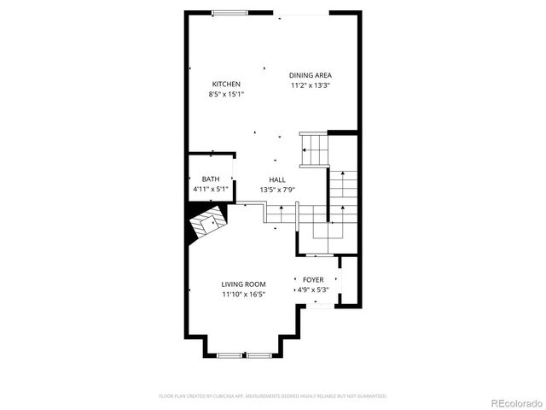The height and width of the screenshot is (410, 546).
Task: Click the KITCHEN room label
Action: (x=226, y=84)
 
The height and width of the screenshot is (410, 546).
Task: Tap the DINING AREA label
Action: (x=310, y=75)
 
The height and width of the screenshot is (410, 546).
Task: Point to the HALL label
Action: (x=277, y=179)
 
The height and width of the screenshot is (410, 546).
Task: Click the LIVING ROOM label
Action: (x=244, y=284)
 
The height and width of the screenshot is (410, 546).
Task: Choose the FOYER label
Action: (x=313, y=279)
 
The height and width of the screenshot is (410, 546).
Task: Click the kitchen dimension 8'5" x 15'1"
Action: (x=226, y=94)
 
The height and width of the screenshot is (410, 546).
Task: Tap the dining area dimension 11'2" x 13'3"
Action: (x=310, y=85)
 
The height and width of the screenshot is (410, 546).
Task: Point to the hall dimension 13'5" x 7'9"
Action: (x=277, y=190)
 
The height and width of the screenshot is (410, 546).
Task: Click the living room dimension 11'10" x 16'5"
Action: (x=244, y=295)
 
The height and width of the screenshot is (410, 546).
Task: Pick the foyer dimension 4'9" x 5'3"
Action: (x=313, y=290)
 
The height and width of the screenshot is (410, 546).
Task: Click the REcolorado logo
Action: (x=514, y=401)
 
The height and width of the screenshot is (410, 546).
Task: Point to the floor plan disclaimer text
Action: (x=273, y=396)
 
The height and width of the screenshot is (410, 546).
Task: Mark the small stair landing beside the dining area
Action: (x=314, y=150)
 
